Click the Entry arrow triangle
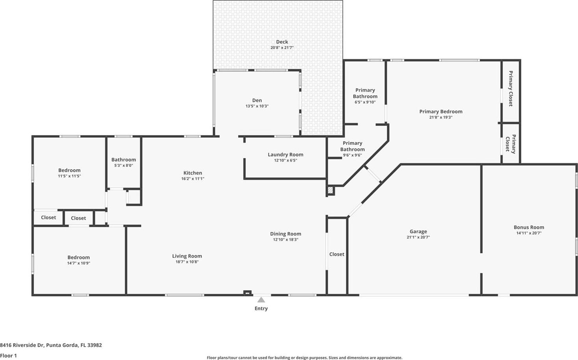(x=261, y=300)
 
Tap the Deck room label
(x=282, y=42)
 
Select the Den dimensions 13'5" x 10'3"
(x=257, y=106)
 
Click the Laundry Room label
(x=285, y=155)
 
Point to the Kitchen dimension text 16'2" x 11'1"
(x=193, y=179)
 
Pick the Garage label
(x=418, y=231)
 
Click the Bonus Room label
(x=529, y=227)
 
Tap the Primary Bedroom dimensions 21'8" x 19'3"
(x=441, y=117)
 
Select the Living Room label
(x=187, y=256)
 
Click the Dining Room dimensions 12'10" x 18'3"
(x=286, y=240)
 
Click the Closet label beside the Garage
(x=337, y=254)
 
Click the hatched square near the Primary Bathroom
(x=331, y=190)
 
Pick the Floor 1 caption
(x=8, y=356)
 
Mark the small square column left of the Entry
(x=247, y=293)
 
